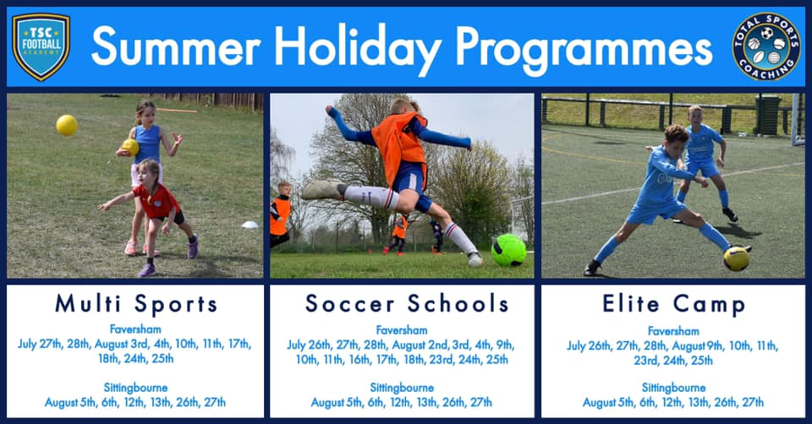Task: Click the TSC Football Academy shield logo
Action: pyautogui.click(x=41, y=46)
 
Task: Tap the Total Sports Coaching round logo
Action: pyautogui.click(x=766, y=46)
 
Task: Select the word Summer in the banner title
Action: pyautogui.click(x=176, y=47)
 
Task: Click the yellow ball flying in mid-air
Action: pyautogui.click(x=67, y=126)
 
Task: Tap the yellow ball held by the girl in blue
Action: pyautogui.click(x=130, y=147)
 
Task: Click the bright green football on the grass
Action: pyautogui.click(x=508, y=250)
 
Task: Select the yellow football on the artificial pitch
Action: pyautogui.click(x=737, y=258)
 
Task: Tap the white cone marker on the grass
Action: pyautogui.click(x=250, y=225)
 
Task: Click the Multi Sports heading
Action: pyautogui.click(x=136, y=303)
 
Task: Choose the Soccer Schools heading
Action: pyautogui.click(x=407, y=303)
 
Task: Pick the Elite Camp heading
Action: pyautogui.click(x=673, y=304)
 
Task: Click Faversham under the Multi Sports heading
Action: pyautogui.click(x=135, y=329)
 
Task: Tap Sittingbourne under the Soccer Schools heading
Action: pyautogui.click(x=402, y=388)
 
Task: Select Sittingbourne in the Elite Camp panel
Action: pyautogui.click(x=673, y=388)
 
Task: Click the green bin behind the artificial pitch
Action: pyautogui.click(x=768, y=115)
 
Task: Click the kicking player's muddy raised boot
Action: pyautogui.click(x=322, y=190)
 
